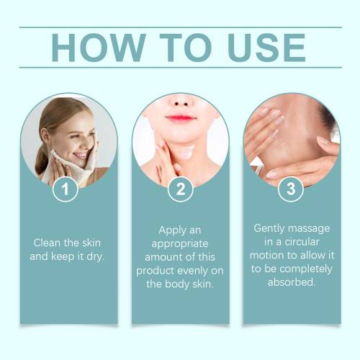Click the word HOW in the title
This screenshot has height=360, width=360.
point(99,48)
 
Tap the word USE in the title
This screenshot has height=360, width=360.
point(266,48)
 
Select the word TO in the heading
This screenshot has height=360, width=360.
point(186,48)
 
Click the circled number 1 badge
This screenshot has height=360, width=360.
point(66,189)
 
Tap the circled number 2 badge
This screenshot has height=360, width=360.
point(181,189)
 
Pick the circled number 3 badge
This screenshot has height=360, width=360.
point(291,189)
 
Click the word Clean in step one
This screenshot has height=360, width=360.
point(47,243)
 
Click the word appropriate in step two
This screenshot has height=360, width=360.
point(180,244)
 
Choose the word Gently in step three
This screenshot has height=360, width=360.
point(269,229)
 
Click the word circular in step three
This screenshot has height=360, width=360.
point(302,242)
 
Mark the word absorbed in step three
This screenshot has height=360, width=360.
point(291,282)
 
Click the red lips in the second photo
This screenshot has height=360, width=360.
point(181,118)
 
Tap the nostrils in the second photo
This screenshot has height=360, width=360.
point(181,104)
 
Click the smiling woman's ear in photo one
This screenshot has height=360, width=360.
point(45,136)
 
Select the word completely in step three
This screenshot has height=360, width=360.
point(306,269)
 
